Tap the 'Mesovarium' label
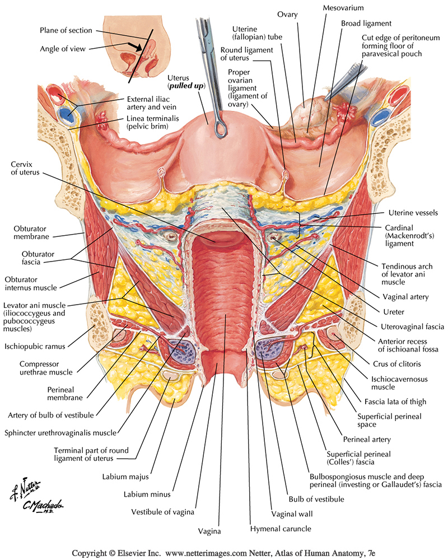point(343,8)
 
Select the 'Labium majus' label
point(133,477)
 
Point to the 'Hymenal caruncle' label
point(280,528)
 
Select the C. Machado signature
point(43,505)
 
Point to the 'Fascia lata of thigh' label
point(395,401)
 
